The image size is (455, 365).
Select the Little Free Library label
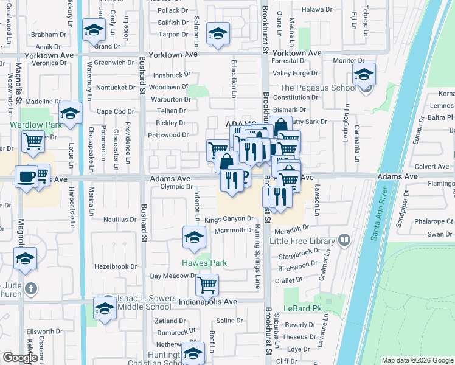(x=305, y=241)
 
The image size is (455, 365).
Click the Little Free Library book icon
(x=345, y=240)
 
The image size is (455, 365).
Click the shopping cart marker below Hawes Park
(x=207, y=283)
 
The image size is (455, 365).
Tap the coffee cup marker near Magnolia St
(x=26, y=176)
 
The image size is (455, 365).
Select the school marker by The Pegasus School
(x=364, y=75)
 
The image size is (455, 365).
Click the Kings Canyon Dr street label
(x=229, y=218)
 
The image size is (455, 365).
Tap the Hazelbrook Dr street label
(x=116, y=266)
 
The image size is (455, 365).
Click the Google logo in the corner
(x=20, y=357)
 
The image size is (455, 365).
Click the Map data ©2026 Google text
(x=417, y=360)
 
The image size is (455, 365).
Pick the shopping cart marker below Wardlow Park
(x=32, y=142)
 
